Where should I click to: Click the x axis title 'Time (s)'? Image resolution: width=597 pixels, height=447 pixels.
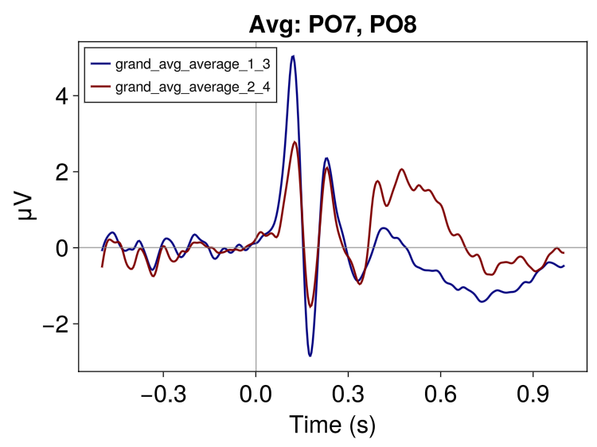coord(332,424)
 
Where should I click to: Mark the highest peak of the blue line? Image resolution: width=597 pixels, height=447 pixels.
coord(293,56)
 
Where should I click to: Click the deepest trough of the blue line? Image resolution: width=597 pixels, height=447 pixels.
coord(310,356)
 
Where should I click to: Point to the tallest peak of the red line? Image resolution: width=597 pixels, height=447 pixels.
coord(295,142)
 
